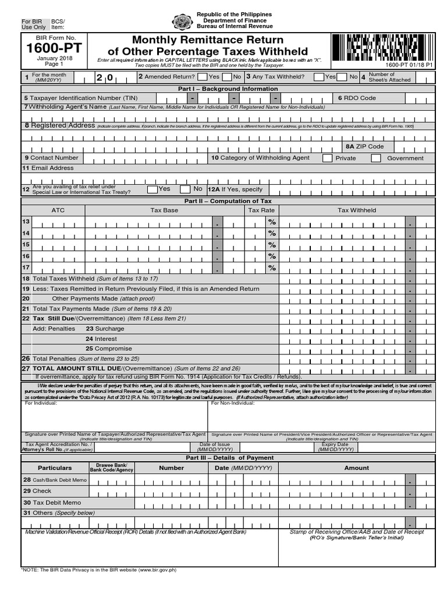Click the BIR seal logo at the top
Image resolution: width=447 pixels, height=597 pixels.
(182, 22)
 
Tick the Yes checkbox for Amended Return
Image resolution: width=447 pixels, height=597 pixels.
(201, 76)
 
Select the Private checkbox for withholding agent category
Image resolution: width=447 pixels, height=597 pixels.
(327, 158)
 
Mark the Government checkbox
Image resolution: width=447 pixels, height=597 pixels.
(376, 158)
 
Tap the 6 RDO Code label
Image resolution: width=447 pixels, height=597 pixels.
(357, 99)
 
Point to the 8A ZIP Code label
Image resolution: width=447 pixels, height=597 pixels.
(365, 147)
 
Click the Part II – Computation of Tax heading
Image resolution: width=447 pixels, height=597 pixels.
(228, 201)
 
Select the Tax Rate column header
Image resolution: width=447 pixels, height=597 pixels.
(261, 210)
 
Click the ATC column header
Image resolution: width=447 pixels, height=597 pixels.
(58, 210)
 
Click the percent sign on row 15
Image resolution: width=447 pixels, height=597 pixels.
(271, 245)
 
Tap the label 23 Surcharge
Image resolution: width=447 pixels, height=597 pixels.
(105, 329)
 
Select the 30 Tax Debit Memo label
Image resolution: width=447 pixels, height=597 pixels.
(52, 503)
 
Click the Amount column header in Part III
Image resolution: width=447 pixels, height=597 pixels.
(356, 468)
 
